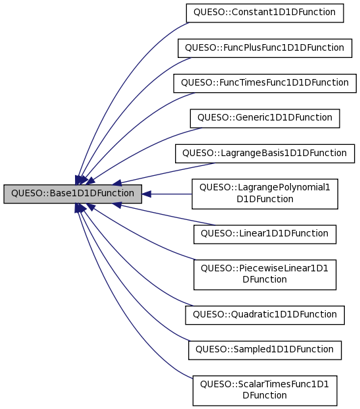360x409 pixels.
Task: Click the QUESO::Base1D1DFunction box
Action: [x=72, y=194]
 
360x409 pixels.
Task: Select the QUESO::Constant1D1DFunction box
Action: [x=265, y=13]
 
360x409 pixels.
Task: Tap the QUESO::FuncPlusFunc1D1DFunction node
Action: [x=265, y=47]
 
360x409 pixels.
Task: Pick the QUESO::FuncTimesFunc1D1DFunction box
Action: [x=265, y=82]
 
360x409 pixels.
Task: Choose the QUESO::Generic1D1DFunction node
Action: [x=265, y=118]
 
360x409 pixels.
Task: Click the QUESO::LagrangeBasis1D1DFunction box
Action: [x=265, y=153]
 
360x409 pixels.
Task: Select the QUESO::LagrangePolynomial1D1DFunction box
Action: [x=265, y=194]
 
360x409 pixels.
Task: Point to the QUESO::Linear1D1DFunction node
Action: [x=265, y=234]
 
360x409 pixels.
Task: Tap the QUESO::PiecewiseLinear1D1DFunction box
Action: [x=265, y=274]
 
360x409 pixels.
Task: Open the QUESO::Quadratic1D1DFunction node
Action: [x=265, y=315]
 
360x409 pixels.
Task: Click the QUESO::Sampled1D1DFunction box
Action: [x=265, y=350]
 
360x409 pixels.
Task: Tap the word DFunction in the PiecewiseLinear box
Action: [x=265, y=280]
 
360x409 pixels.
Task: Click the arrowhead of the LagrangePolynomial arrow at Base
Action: [x=147, y=194]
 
